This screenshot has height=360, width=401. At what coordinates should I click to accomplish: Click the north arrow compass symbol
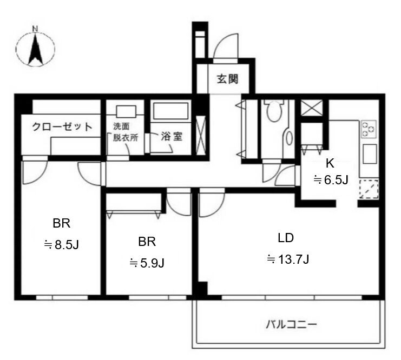(35, 47)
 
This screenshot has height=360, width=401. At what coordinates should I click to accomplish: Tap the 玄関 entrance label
(228, 79)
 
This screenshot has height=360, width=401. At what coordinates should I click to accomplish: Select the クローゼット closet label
(62, 126)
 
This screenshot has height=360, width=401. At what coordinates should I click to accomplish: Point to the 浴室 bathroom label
(172, 136)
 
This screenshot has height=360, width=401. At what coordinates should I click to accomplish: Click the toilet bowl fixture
(274, 111)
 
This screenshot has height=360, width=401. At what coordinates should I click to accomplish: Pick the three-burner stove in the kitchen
(369, 129)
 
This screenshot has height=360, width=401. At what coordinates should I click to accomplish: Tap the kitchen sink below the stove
(369, 154)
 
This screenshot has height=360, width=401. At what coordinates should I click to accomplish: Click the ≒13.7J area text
(288, 259)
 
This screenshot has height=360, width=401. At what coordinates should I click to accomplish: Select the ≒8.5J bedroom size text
(61, 245)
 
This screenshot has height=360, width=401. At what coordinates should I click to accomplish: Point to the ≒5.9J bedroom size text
(147, 263)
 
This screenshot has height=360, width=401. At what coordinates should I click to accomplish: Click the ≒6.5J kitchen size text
(331, 180)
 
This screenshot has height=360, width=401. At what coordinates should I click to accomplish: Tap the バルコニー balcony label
(291, 324)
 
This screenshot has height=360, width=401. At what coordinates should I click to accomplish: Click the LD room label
(286, 238)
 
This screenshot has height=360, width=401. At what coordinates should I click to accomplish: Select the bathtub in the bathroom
(171, 111)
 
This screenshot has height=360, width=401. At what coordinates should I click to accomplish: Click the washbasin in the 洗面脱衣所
(126, 111)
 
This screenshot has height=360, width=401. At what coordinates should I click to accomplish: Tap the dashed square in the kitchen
(369, 189)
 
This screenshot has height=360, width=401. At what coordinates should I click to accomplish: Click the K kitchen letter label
(330, 164)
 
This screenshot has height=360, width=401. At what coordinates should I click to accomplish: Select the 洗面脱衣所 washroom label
(126, 132)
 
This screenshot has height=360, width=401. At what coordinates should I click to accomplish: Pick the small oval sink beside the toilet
(289, 138)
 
